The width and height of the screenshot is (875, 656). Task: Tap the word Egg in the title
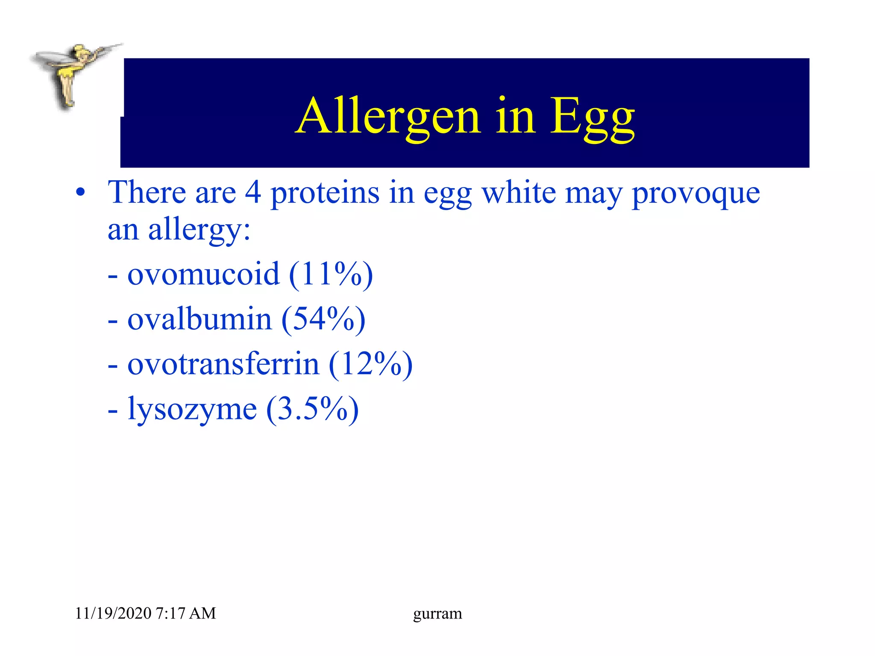click(x=592, y=117)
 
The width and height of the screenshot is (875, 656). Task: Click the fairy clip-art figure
click(x=73, y=75)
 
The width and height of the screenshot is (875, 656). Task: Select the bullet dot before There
click(x=80, y=193)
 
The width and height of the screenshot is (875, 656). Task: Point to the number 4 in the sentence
click(x=253, y=192)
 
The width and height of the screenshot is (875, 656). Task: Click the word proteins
click(x=325, y=193)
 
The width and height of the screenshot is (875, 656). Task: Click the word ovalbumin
click(x=200, y=319)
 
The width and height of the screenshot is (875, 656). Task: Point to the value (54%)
click(x=323, y=319)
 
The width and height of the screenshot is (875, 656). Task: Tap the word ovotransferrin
click(x=223, y=364)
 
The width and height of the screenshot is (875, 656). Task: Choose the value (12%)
click(x=370, y=364)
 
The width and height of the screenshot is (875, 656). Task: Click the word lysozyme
click(x=192, y=409)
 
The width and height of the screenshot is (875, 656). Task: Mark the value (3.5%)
click(x=312, y=409)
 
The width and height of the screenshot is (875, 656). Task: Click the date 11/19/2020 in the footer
click(x=113, y=613)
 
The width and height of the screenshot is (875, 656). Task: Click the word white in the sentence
click(x=519, y=192)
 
